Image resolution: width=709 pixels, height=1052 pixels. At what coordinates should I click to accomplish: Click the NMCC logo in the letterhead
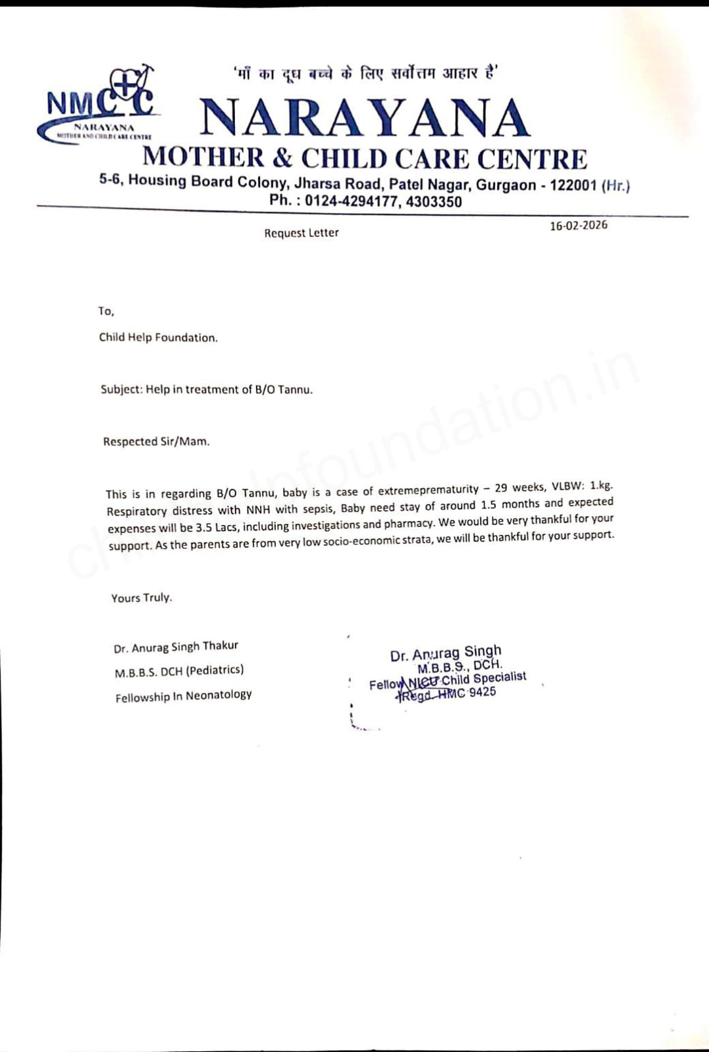tap(99, 105)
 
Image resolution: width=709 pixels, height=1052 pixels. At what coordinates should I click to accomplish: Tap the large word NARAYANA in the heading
tap(365, 118)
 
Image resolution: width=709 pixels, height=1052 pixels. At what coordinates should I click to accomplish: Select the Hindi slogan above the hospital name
tap(366, 73)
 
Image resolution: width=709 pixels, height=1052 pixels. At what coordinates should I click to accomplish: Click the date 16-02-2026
tap(579, 225)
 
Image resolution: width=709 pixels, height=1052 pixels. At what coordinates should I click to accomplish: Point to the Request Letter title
tap(302, 233)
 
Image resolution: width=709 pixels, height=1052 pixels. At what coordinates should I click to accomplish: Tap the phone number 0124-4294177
tap(352, 202)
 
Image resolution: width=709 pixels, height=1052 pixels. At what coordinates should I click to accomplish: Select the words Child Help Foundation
tap(158, 338)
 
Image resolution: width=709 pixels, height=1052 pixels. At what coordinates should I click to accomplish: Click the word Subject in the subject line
tap(120, 389)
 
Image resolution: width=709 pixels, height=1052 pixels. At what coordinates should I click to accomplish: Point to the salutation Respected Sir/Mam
tap(156, 441)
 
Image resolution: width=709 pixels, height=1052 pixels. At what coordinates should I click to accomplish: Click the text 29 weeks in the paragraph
tap(520, 488)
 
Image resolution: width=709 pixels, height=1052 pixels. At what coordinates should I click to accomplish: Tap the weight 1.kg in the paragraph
tap(601, 486)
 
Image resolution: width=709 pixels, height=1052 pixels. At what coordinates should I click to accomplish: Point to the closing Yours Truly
tap(141, 597)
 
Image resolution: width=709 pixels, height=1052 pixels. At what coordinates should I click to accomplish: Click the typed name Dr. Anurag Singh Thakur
tap(176, 647)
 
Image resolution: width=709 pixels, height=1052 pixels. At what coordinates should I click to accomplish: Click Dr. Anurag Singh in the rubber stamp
tap(446, 653)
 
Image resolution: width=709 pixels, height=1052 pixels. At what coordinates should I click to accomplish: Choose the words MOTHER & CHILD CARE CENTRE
tap(365, 159)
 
